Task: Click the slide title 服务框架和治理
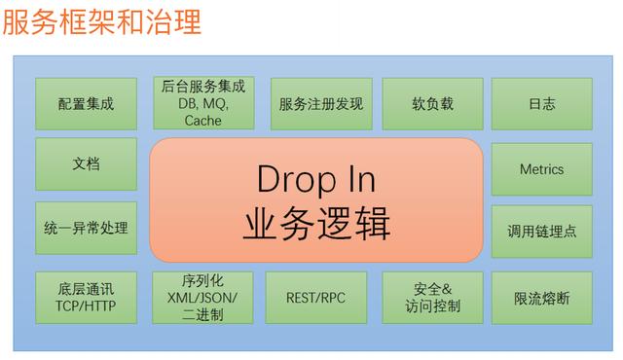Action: click(x=102, y=21)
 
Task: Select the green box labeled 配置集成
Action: click(x=86, y=103)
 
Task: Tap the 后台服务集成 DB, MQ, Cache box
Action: click(x=202, y=103)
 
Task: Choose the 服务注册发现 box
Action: click(x=320, y=103)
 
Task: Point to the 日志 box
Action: click(x=541, y=103)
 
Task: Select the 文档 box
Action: click(x=86, y=163)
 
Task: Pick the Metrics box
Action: click(x=541, y=169)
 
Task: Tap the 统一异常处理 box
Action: click(x=86, y=230)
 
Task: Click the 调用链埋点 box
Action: click(x=541, y=232)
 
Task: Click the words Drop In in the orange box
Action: click(x=315, y=179)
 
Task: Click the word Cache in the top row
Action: click(x=202, y=121)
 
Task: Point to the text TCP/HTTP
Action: click(x=86, y=306)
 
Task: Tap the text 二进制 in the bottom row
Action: click(x=202, y=315)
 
